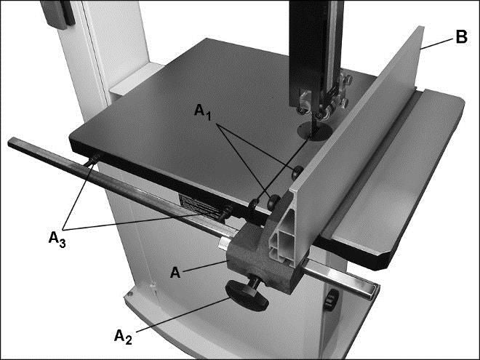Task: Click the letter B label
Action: [461, 37]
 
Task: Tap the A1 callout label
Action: [203, 112]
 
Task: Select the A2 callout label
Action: [124, 337]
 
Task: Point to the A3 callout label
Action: [57, 240]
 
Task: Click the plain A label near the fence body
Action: [175, 272]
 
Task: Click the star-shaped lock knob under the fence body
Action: [247, 295]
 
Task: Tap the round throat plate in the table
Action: [315, 131]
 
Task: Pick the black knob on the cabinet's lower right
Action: [330, 300]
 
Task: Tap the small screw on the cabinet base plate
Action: [130, 294]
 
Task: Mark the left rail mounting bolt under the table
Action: [93, 160]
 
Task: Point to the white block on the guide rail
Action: [224, 244]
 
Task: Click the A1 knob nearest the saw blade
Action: [297, 172]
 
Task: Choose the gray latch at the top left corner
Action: [58, 14]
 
